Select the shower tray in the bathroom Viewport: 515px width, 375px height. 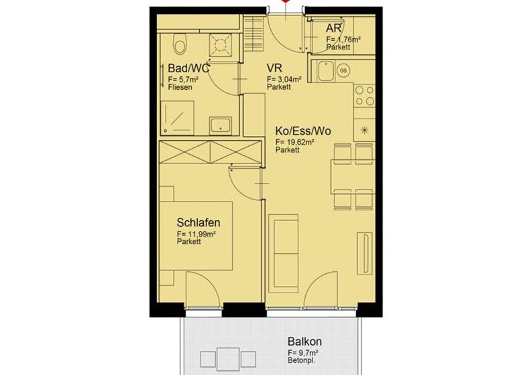(178, 118)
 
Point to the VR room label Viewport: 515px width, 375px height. (274, 68)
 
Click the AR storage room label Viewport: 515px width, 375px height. (335, 28)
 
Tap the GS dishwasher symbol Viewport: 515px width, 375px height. (343, 70)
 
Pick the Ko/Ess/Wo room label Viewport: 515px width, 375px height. (303, 131)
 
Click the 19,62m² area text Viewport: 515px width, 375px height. (295, 142)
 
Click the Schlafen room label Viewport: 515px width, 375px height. (199, 222)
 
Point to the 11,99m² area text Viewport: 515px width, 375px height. (196, 234)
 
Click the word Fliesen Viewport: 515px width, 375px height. (180, 87)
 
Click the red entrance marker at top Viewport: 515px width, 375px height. (286, 3)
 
